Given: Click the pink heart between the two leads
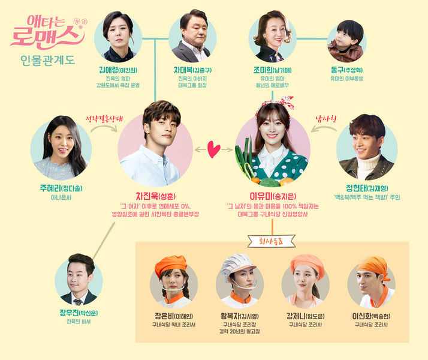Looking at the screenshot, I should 213,150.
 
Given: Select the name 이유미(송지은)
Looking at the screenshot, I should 272,196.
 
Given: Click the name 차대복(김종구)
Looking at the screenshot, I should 191,70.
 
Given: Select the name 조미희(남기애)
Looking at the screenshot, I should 272,70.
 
